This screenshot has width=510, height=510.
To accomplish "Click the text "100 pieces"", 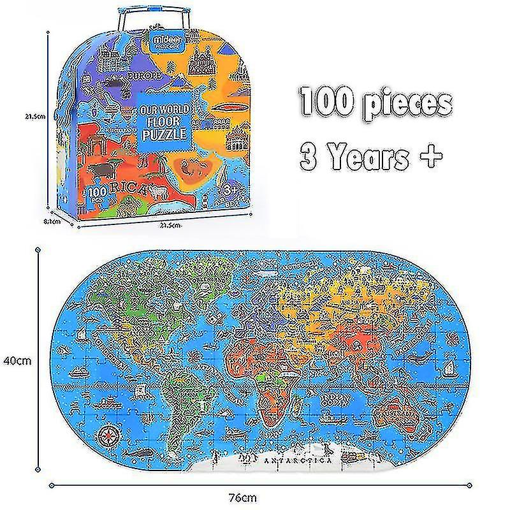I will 376,103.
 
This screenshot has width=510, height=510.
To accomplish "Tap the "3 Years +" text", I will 371,155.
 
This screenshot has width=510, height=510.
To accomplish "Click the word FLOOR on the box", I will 165,121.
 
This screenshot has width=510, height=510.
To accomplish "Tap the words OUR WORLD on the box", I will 165,110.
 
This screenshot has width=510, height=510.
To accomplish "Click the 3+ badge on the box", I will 228,190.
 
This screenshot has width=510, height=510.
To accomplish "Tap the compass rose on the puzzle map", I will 108,437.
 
